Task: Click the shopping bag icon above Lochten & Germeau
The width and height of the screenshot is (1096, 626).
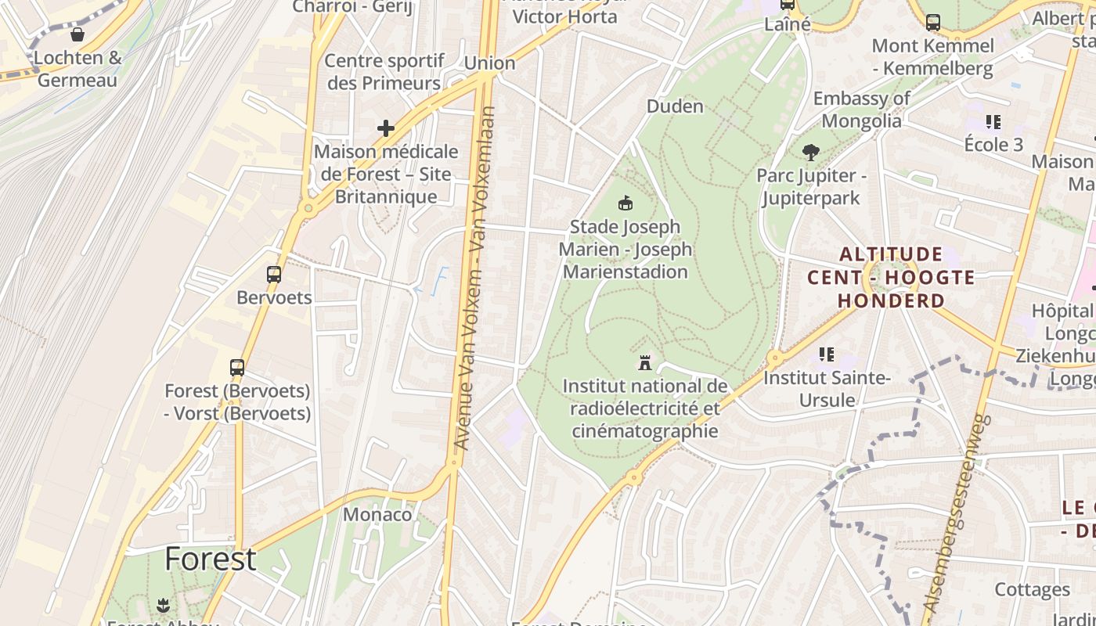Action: click(78, 34)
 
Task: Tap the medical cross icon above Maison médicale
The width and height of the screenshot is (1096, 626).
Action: click(385, 128)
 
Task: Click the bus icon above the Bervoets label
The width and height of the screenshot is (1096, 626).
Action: click(273, 275)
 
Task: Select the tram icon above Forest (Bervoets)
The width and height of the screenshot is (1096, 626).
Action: click(236, 367)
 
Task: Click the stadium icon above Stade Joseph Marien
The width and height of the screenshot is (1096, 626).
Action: click(625, 203)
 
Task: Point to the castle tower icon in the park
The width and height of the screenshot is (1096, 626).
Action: click(644, 363)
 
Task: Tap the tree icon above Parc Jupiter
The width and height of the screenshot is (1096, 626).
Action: click(811, 153)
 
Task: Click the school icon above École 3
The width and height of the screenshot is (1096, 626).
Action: click(993, 122)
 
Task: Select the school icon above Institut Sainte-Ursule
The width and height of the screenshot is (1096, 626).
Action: click(826, 354)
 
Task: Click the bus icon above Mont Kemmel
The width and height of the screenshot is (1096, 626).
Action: click(932, 23)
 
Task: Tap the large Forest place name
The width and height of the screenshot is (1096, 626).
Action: click(210, 559)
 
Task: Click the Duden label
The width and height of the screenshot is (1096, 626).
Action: click(675, 106)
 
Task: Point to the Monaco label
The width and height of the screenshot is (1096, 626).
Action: click(377, 514)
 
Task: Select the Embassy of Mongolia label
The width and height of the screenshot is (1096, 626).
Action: click(861, 110)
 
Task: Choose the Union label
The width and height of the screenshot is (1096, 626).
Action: click(489, 63)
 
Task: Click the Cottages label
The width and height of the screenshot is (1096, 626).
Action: click(1032, 589)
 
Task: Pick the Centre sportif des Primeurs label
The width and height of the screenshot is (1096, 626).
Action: click(384, 71)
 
